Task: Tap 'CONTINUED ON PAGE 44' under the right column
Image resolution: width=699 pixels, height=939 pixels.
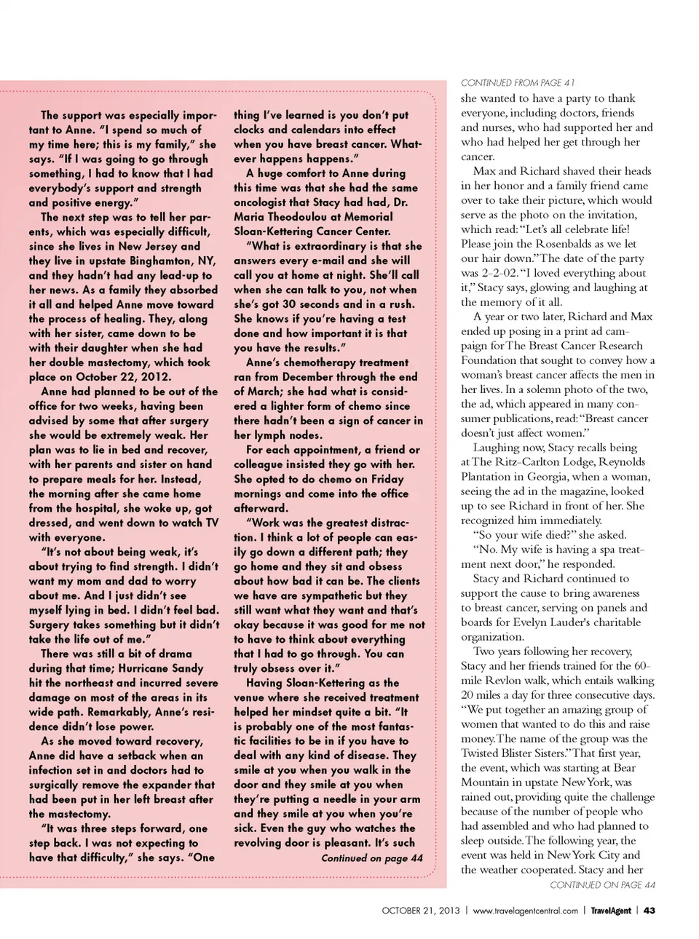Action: coord(602,884)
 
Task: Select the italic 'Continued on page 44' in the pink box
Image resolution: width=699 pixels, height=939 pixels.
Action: coord(371,858)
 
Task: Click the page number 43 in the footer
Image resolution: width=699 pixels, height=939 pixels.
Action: coord(649,911)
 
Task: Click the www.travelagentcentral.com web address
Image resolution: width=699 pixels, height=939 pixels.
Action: coord(525,911)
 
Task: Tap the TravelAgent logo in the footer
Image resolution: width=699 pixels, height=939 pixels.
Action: coord(610,911)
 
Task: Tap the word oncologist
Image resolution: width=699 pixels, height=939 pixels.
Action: coord(265,202)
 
